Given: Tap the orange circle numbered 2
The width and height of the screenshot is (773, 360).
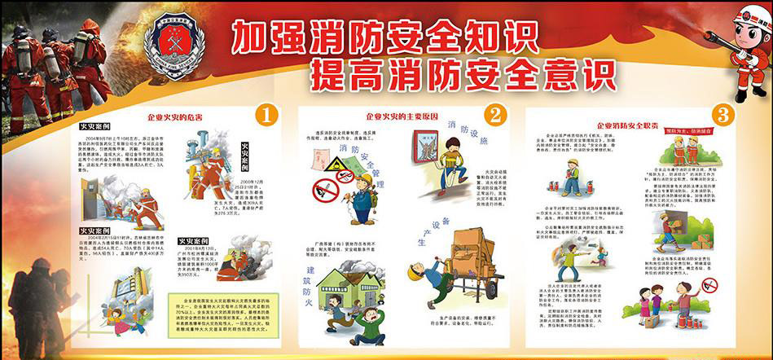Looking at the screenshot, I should point(498,114).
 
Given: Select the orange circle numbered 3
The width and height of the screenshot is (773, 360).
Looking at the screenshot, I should point(722,114).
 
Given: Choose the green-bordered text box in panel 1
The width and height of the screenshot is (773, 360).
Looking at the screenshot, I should point(221,309).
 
